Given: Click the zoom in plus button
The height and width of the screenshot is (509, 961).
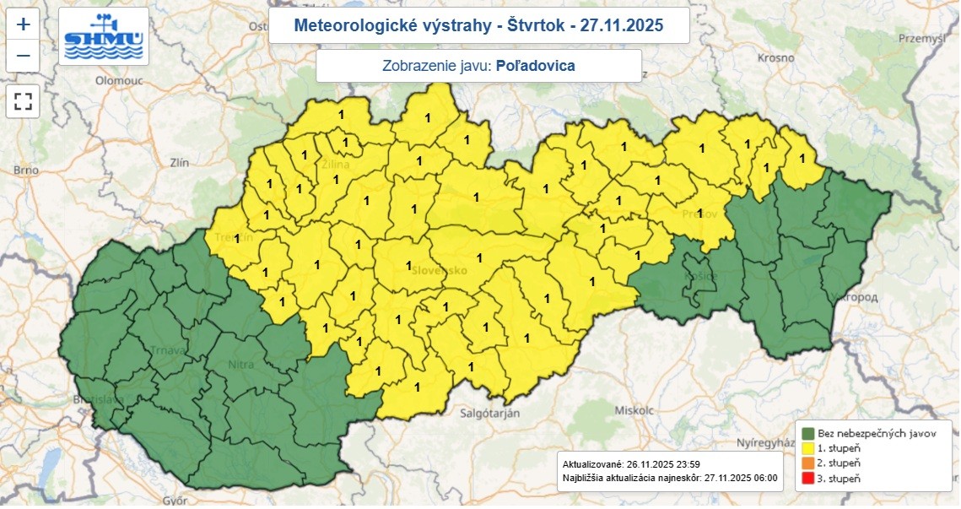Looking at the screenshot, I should (x=23, y=24).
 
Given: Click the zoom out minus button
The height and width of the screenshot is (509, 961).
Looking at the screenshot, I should (x=23, y=56).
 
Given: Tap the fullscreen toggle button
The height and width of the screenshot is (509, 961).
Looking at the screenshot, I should (x=23, y=102).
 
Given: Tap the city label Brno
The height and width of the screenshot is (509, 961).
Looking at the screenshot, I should (x=25, y=171).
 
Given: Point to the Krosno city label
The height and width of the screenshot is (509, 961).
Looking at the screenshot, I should (x=776, y=57).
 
